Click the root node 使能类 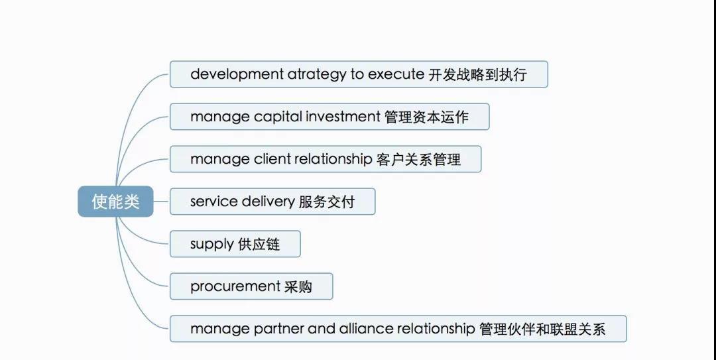115,202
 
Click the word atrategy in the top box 316,74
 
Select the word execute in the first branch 396,74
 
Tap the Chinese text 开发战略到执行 477,74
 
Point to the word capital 278,117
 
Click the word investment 343,117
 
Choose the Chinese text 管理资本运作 426,117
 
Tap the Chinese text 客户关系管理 419,159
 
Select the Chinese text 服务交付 326,202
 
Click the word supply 212,245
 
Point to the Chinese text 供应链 259,245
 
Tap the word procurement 235,287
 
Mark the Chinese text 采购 298,287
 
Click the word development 237,74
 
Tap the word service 213,202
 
